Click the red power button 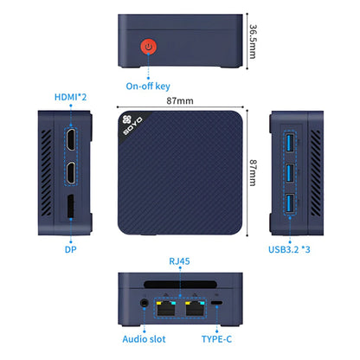[149, 47]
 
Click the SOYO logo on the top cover [127, 131]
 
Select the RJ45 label [180, 260]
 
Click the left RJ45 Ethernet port [166, 304]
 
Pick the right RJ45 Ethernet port [192, 304]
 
